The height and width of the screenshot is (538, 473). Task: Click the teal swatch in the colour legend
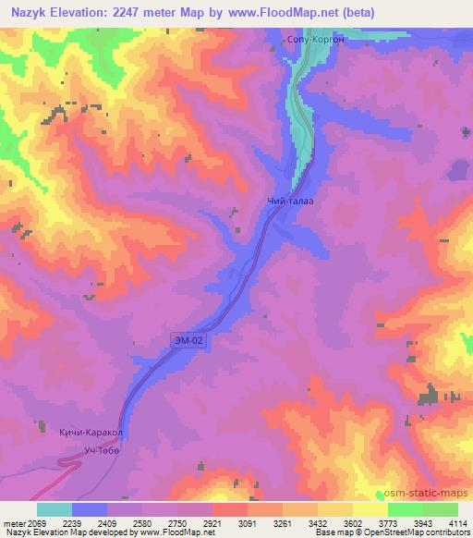[x=54, y=509]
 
